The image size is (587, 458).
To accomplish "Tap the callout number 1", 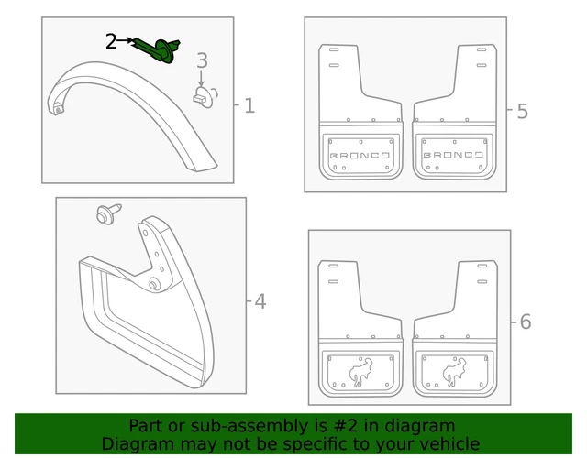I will (x=249, y=106).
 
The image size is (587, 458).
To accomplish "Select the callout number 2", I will (x=111, y=41).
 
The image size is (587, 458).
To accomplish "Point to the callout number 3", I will (x=202, y=61).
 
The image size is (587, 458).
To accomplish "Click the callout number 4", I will (x=260, y=301).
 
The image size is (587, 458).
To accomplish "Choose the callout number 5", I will (x=522, y=112).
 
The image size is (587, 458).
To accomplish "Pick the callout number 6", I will (x=525, y=322).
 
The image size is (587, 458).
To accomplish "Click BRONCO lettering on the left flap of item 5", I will (x=360, y=155).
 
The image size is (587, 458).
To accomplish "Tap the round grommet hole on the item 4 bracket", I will (x=152, y=285).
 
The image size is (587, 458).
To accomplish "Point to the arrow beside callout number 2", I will (x=128, y=41).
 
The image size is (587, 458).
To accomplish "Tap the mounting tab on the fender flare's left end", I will (x=59, y=109).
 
